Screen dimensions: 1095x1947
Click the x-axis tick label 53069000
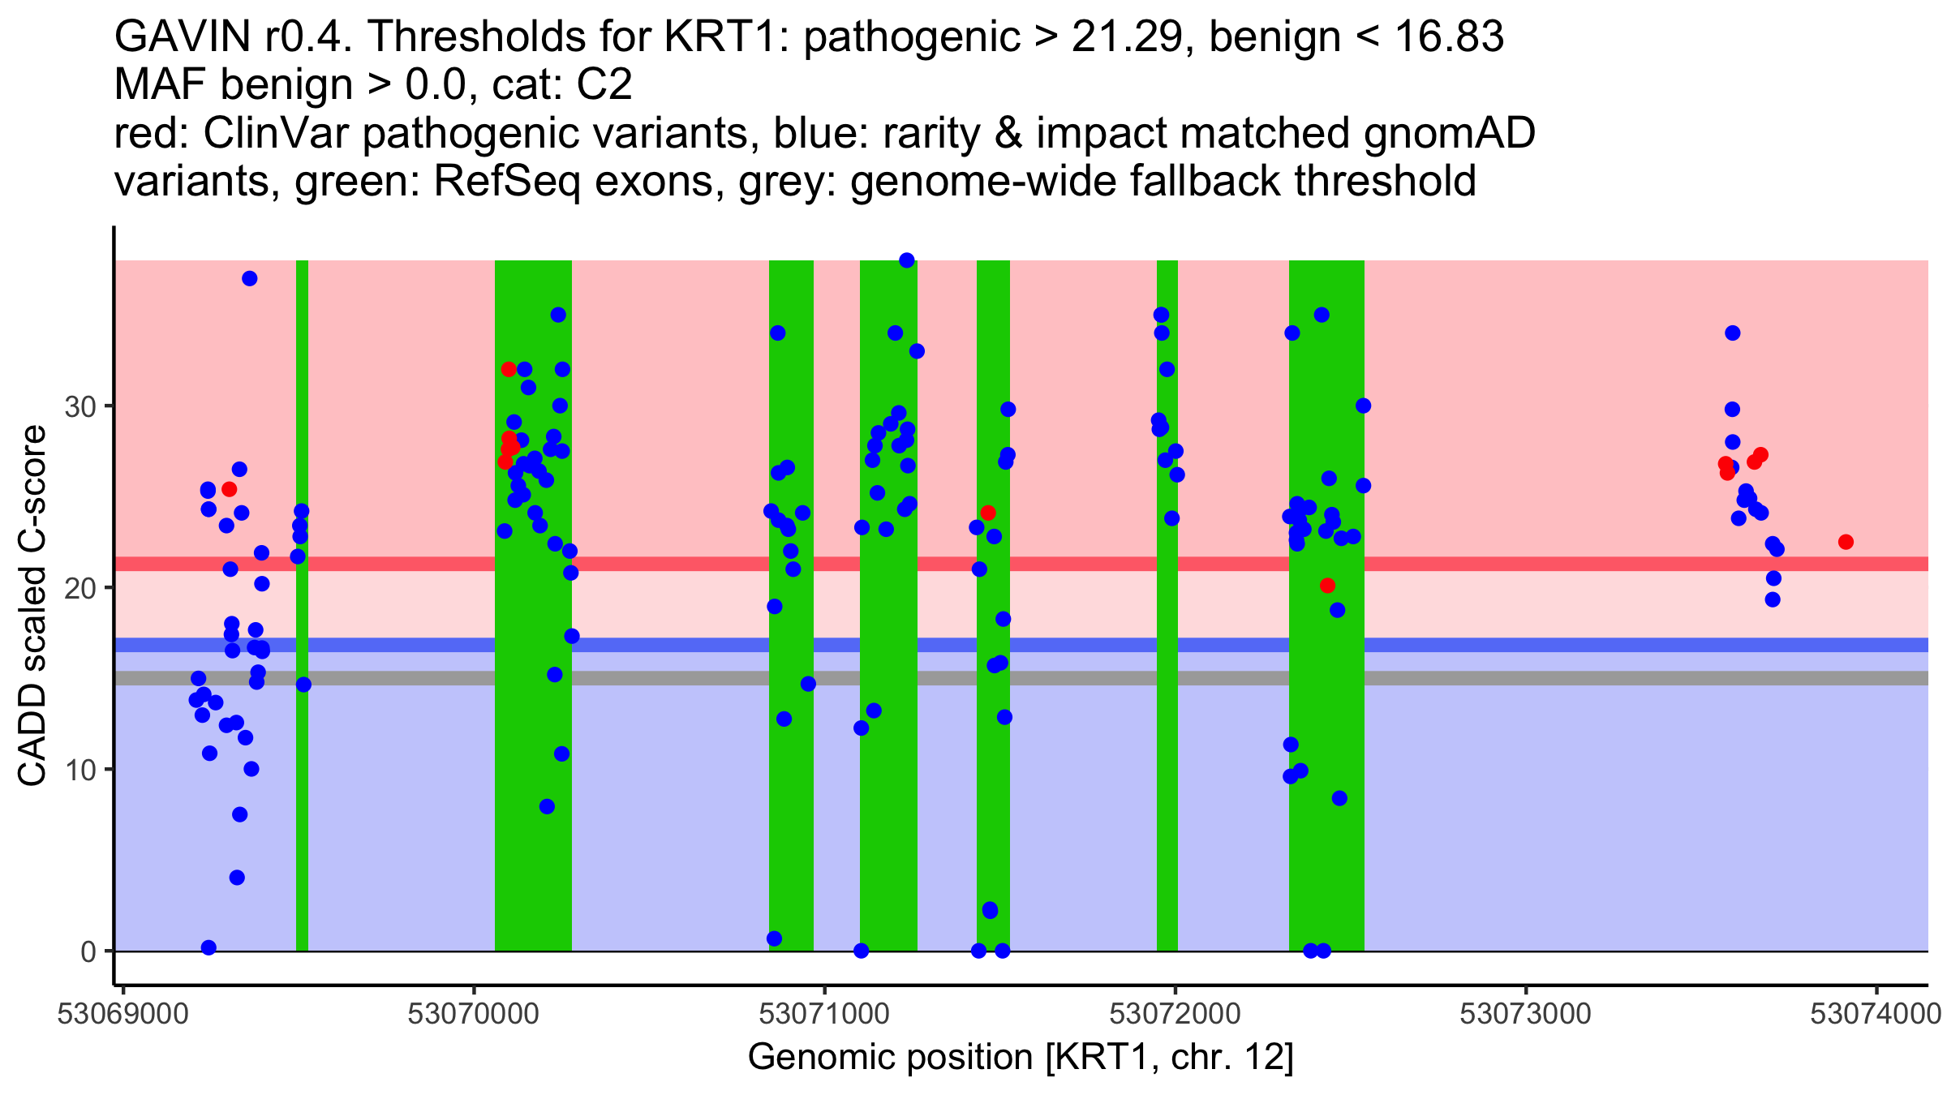(x=122, y=1015)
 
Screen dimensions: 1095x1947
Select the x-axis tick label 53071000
(x=824, y=1015)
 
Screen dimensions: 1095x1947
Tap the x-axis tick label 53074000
(x=1876, y=1015)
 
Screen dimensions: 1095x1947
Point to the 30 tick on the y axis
(x=81, y=406)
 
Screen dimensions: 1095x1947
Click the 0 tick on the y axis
(x=88, y=951)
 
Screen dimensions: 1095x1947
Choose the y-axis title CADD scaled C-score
(x=32, y=607)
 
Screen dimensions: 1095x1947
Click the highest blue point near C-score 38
(x=907, y=260)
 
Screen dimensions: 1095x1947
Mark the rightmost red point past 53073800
(x=1846, y=542)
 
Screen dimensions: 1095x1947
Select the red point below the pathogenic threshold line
(x=1327, y=586)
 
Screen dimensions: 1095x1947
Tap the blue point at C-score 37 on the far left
(x=250, y=279)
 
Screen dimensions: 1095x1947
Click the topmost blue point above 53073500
(x=1732, y=333)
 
